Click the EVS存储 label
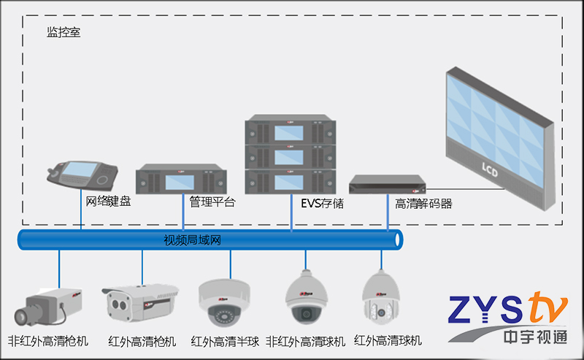322,203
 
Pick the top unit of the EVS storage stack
290,130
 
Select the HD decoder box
386,185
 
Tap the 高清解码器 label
423,204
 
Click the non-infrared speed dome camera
304,298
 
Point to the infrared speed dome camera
381,298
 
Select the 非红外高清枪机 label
48,341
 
